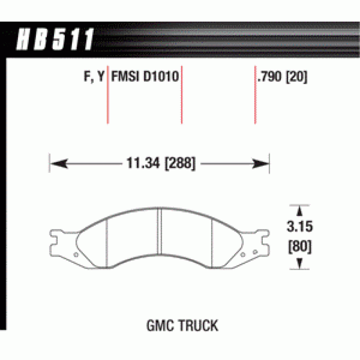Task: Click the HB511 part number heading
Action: click(55, 39)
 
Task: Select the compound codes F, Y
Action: click(94, 76)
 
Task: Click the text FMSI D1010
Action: click(145, 76)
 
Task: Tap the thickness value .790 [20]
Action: click(283, 76)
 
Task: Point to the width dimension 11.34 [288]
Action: click(161, 163)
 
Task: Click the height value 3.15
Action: click(300, 226)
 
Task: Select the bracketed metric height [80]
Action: click(300, 246)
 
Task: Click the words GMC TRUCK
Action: click(182, 325)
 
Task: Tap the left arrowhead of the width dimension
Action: click(59, 164)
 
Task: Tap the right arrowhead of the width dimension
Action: click(261, 164)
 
